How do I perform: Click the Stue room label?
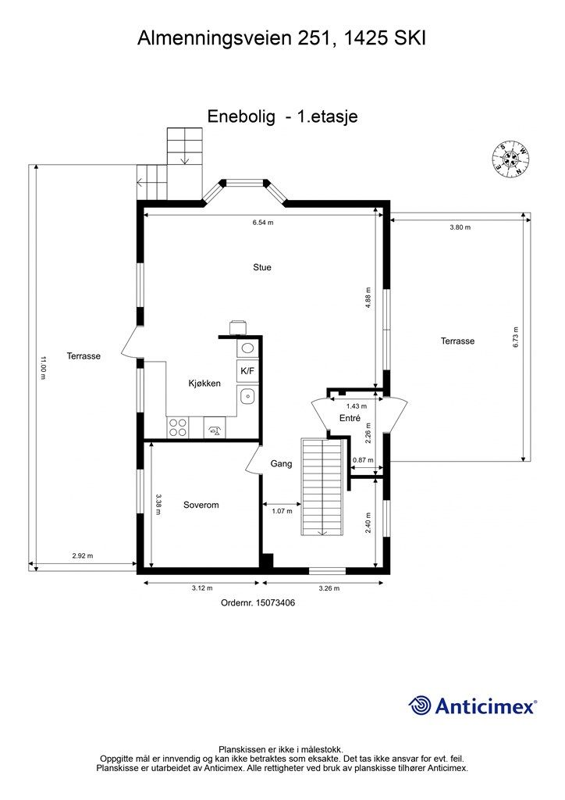[262, 267]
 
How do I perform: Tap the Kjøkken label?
[204, 383]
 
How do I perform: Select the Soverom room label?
[201, 505]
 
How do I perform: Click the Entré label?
[350, 418]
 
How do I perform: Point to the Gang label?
[281, 463]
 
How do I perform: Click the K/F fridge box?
[247, 371]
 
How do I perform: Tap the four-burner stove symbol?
[177, 427]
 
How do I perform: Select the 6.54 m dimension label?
[263, 223]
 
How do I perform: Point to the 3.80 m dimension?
[460, 227]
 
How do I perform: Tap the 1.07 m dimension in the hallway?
[282, 511]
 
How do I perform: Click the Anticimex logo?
[472, 706]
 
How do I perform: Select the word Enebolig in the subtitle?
[241, 116]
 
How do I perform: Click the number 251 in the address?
[312, 38]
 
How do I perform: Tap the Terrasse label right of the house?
[457, 341]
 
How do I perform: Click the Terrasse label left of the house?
[84, 355]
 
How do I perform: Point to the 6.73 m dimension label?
[516, 337]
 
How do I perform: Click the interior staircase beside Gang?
[322, 487]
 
